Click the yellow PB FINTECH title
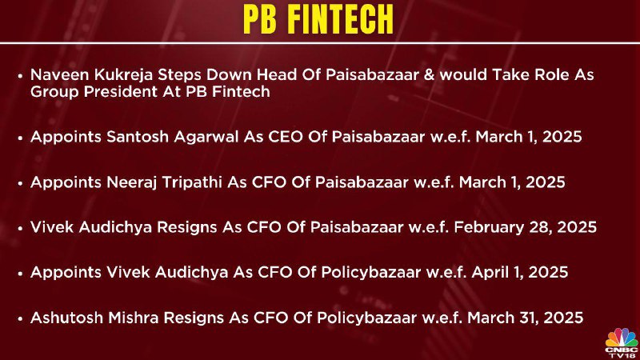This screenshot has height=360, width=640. [x=318, y=19]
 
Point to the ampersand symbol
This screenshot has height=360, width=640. [x=429, y=74]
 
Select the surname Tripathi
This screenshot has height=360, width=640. [x=192, y=183]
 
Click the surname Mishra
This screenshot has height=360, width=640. [x=132, y=318]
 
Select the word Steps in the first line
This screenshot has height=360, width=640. [x=179, y=75]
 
